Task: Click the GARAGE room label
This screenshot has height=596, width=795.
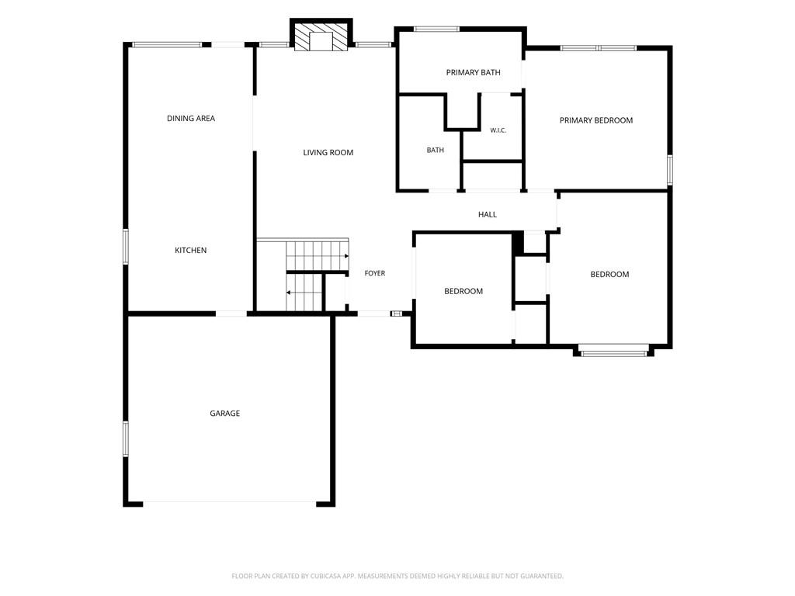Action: (x=224, y=413)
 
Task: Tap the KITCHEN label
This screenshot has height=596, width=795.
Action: (x=191, y=250)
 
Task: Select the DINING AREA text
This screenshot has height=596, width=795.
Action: (x=191, y=118)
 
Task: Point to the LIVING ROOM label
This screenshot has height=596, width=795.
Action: (x=328, y=152)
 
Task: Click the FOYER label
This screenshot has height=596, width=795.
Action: (x=375, y=273)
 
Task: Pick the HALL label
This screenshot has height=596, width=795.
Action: (x=488, y=214)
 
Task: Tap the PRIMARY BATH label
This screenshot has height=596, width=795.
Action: (x=473, y=72)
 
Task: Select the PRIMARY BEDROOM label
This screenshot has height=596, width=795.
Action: (x=595, y=120)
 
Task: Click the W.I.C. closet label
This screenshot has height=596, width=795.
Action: (x=498, y=130)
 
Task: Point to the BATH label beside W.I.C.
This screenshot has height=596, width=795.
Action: (x=435, y=150)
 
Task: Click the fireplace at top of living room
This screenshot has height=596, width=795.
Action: (x=321, y=35)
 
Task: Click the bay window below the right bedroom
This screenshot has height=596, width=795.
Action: (x=613, y=351)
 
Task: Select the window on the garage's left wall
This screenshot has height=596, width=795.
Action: (x=125, y=439)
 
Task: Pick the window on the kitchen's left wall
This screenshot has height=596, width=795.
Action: (x=125, y=247)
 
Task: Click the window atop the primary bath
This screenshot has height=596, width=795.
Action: (x=436, y=29)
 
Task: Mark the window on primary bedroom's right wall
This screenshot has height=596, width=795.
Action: (x=670, y=170)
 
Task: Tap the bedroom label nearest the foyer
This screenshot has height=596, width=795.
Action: (x=463, y=291)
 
